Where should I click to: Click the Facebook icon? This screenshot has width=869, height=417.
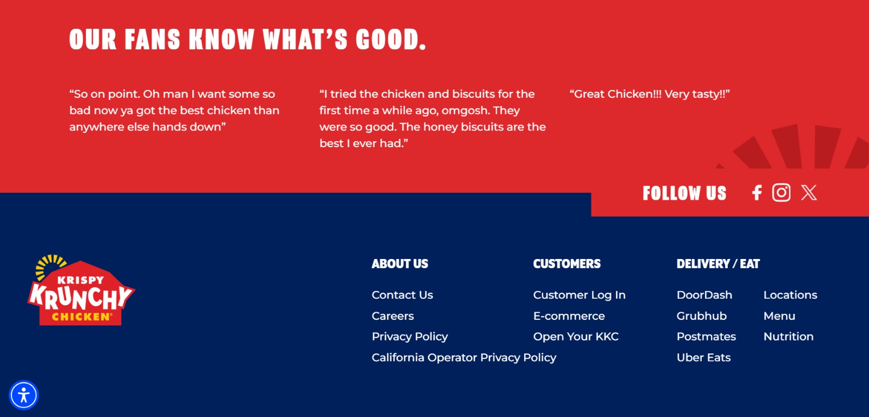757,192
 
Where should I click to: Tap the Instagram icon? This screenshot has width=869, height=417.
782,192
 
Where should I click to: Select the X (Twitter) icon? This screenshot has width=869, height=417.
809,192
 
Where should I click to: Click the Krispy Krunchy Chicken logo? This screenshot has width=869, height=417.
81,290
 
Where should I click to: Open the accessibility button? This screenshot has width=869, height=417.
24,395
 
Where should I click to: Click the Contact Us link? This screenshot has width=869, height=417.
402,295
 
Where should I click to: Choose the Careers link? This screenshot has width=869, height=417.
393,316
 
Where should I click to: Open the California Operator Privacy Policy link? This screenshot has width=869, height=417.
464,357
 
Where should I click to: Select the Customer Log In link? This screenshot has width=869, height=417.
579,295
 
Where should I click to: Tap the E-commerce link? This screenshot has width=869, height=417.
569,316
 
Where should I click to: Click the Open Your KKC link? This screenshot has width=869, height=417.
576,336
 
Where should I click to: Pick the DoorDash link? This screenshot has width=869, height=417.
704,295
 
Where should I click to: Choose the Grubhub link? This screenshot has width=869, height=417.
701,316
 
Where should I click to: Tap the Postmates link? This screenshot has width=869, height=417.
706,336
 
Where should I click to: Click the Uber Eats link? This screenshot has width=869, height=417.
703,357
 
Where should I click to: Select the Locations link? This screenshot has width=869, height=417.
790,295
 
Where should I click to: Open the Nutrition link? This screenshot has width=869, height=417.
788,336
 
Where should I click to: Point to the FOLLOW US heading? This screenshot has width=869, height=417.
684,193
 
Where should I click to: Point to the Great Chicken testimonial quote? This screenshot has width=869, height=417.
650,94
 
